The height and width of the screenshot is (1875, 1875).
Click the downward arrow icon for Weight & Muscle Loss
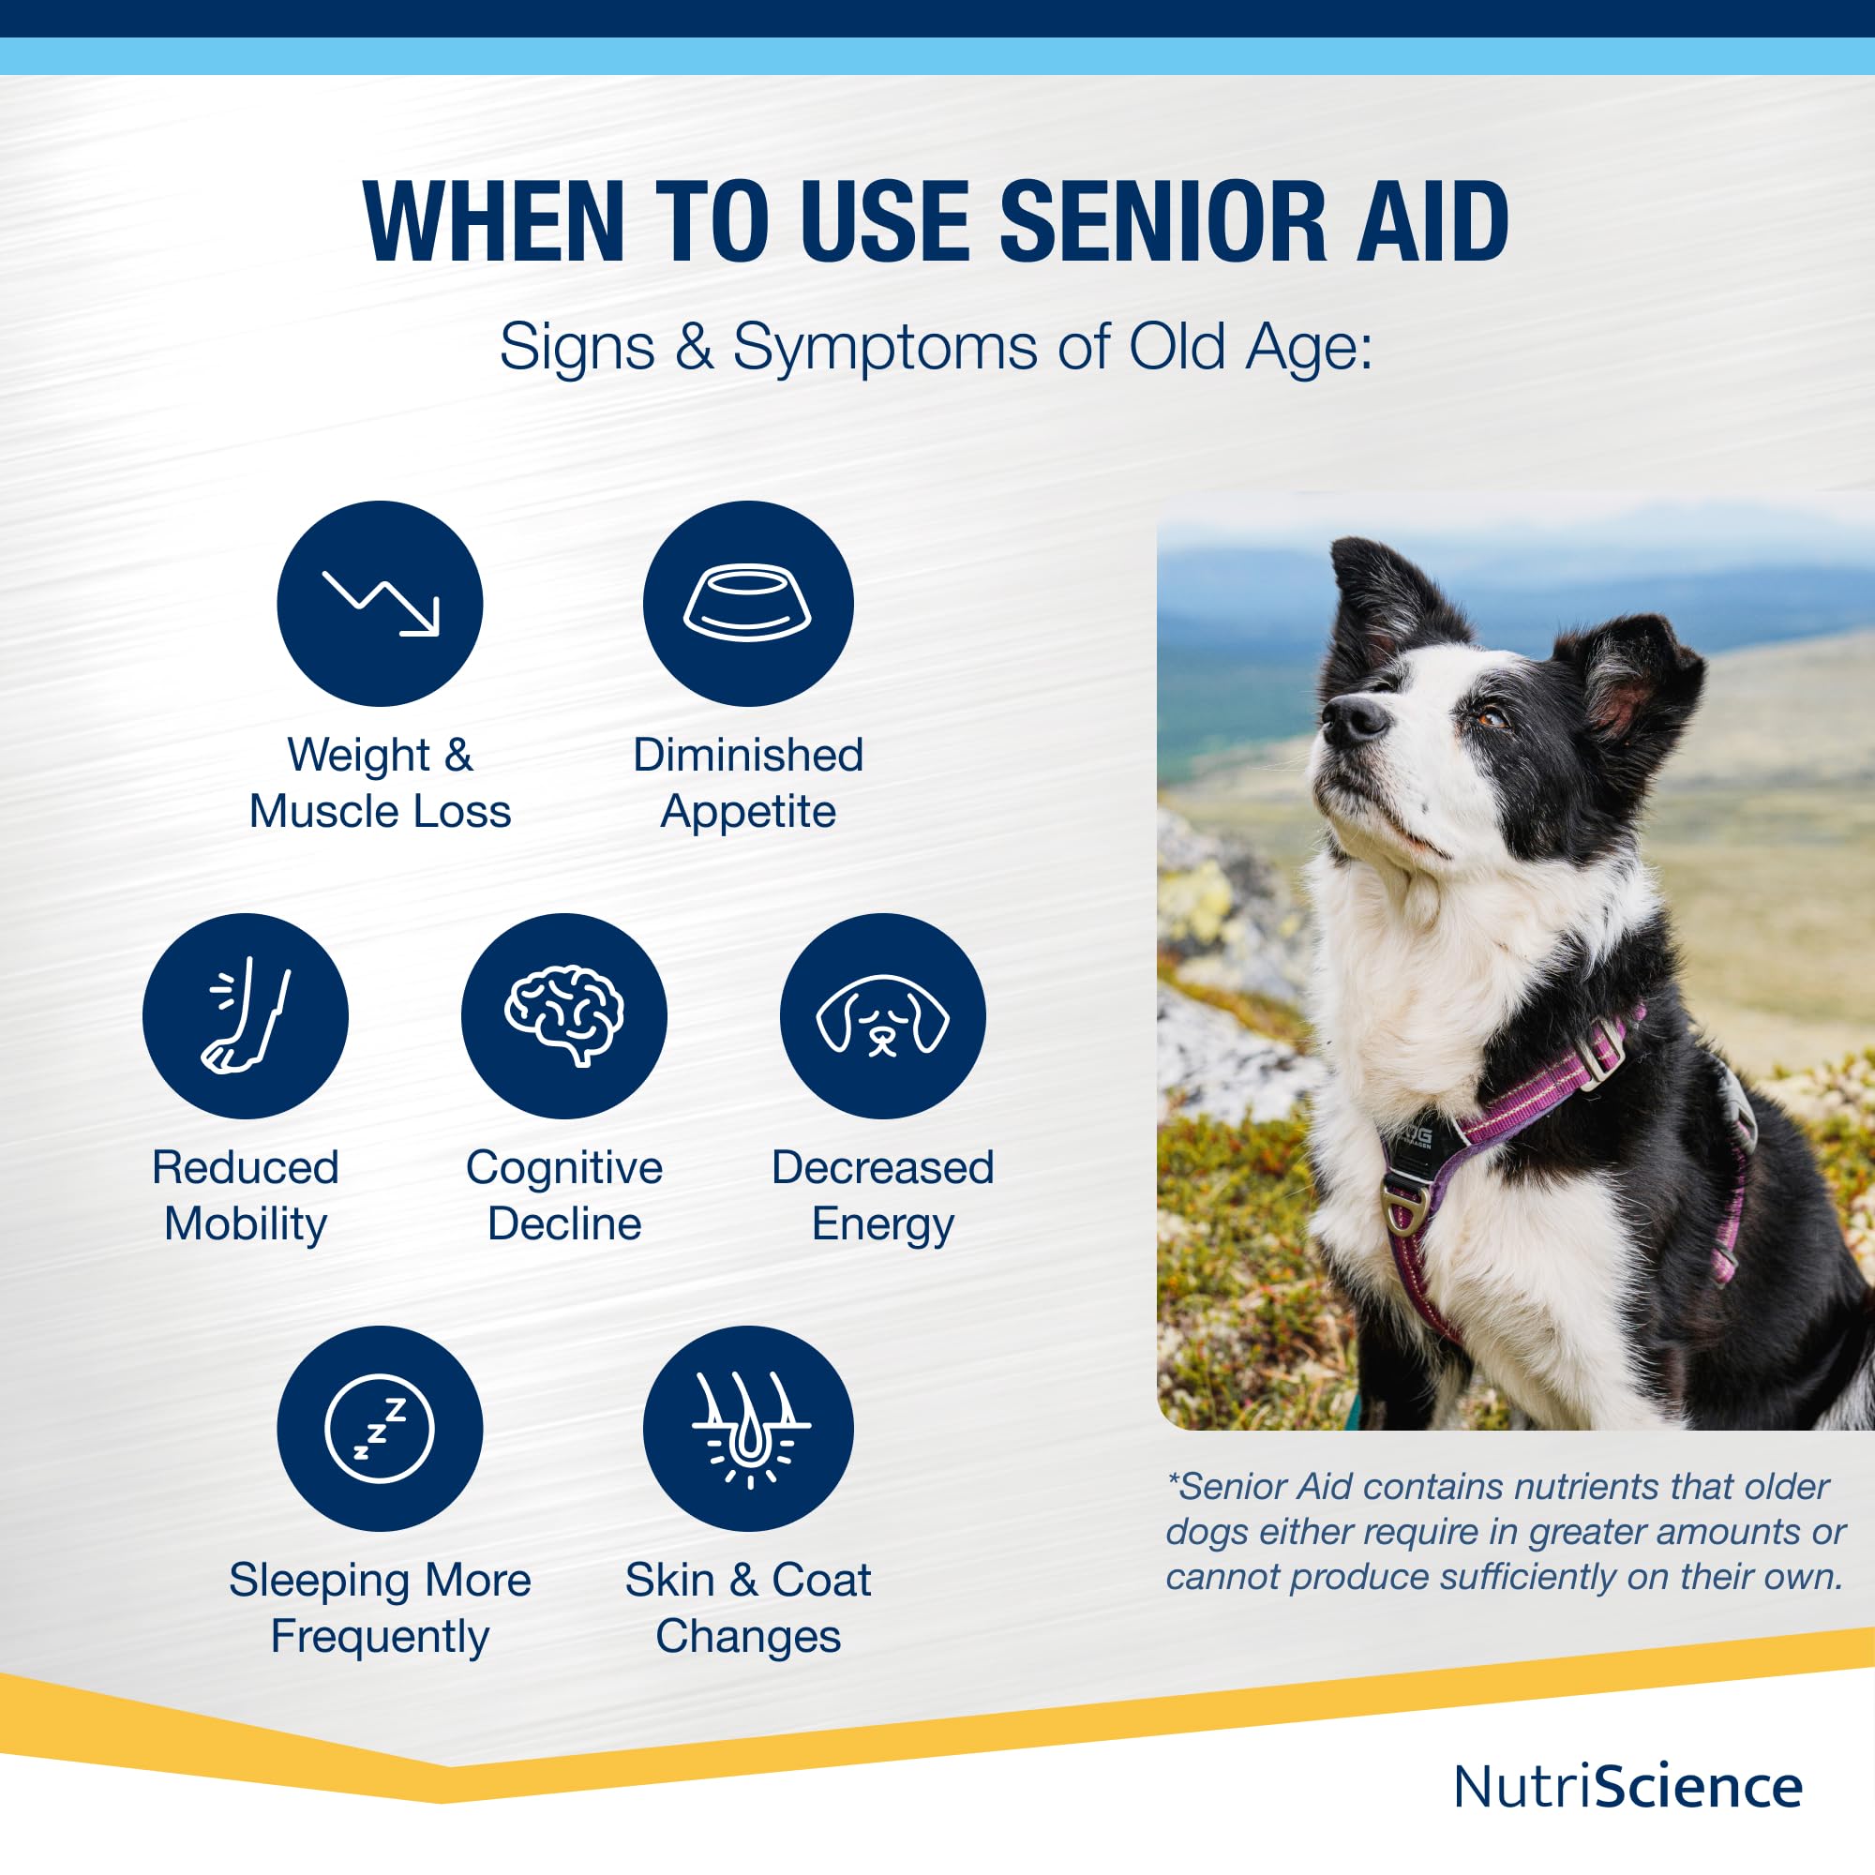point(381,604)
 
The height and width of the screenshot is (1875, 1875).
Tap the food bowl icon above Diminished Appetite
point(748,604)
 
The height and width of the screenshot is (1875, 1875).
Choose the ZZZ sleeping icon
point(381,1429)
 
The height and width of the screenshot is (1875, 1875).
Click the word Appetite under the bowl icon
point(747,812)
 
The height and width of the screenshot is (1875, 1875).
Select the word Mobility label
point(246,1224)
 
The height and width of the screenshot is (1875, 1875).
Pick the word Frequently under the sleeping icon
point(380,1637)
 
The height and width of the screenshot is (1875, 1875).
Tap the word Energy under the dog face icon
point(883,1224)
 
